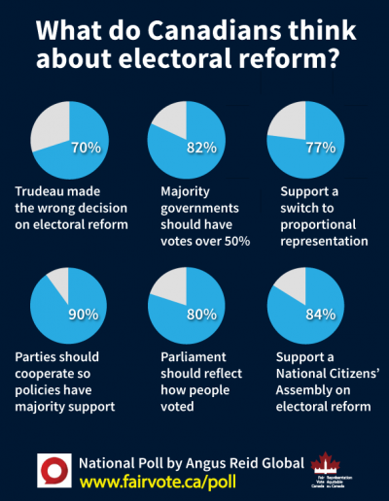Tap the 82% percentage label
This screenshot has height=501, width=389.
[x=201, y=148]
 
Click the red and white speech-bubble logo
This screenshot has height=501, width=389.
[x=53, y=469]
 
